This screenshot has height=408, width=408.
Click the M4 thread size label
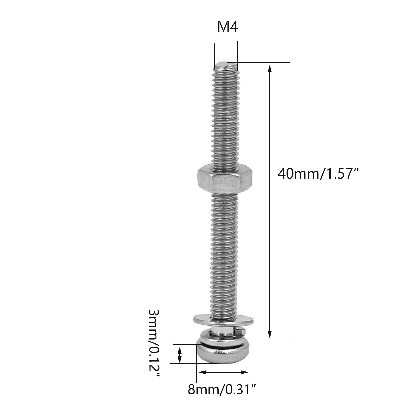click(227, 27)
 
